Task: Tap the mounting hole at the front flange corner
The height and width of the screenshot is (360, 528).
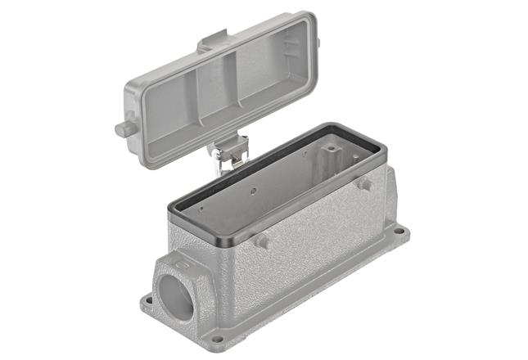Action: pos(216,338)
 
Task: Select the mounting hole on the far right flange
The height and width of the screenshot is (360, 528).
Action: pos(399,232)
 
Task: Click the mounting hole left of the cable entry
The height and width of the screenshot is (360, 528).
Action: pos(148,300)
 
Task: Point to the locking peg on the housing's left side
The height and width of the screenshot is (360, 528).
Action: pos(262,241)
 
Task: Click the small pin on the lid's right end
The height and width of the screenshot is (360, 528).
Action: pos(318,42)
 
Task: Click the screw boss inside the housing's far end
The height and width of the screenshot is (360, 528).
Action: pos(332,150)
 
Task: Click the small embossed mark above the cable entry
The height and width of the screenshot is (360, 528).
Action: pos(183,263)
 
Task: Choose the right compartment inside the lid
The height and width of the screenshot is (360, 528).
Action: pos(278,61)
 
